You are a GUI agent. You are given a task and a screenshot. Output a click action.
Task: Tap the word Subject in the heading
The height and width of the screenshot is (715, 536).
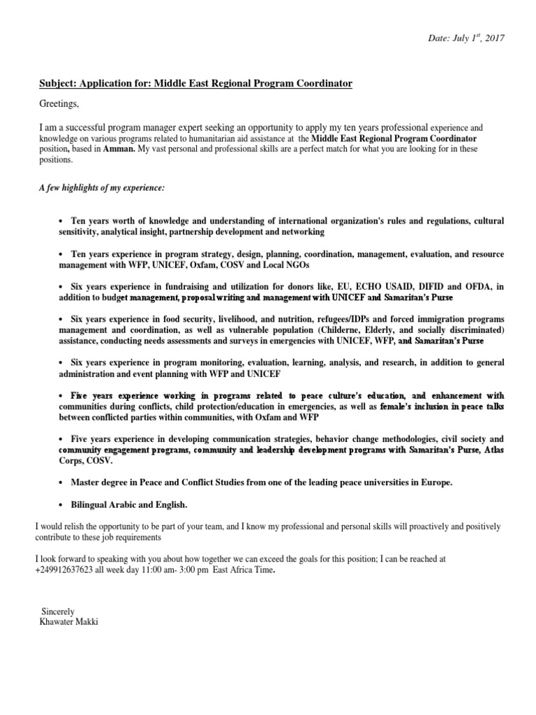click(57, 84)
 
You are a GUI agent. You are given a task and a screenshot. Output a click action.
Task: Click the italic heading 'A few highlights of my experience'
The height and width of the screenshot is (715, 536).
click(102, 189)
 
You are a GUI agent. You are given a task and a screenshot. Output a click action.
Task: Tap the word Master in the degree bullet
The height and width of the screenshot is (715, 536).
click(87, 483)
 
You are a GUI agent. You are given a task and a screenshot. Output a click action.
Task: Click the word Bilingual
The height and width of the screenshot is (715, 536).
click(91, 505)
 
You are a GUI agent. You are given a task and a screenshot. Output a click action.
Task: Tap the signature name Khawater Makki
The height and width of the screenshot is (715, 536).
click(70, 621)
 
